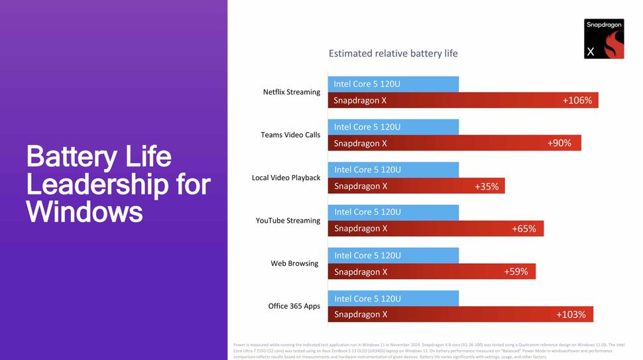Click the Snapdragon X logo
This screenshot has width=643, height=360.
[x=604, y=39]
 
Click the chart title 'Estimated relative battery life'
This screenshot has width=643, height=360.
[x=393, y=54]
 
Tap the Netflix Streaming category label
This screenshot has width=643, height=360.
[x=292, y=92]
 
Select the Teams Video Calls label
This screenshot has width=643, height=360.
[x=290, y=135]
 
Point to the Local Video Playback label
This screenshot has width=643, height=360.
[x=286, y=178]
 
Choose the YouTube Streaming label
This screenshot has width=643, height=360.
[x=288, y=221]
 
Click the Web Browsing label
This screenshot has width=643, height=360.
[x=294, y=264]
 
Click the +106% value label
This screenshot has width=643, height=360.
[x=577, y=101]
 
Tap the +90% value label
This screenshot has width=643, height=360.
[x=559, y=143]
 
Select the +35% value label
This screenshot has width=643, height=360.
[x=487, y=186]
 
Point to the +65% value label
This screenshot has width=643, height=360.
[x=524, y=229]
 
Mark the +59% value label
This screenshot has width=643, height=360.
[x=516, y=272]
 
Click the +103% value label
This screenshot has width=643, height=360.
[x=571, y=314]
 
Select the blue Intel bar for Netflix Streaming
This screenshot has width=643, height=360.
[x=393, y=84]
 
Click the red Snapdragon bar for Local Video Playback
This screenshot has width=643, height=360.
[x=416, y=186]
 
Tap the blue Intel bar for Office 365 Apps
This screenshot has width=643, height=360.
[x=393, y=298]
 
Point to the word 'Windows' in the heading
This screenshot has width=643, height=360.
[x=84, y=212]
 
